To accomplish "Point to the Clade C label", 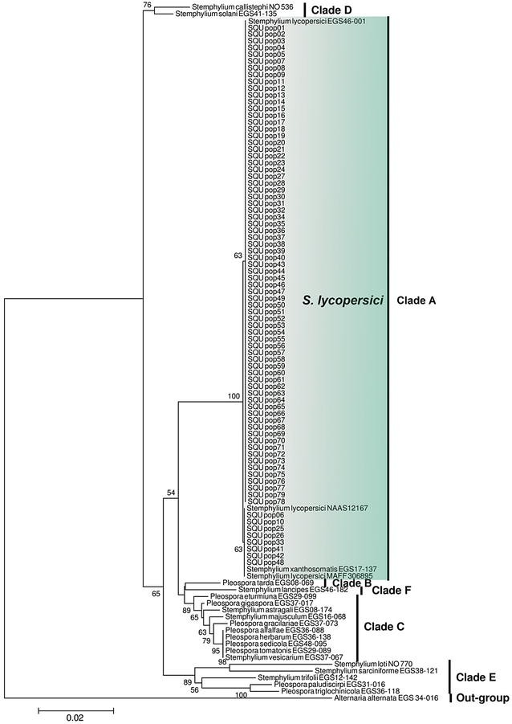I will (386, 626).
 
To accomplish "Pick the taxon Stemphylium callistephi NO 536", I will (226, 6).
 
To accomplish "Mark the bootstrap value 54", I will (170, 492).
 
